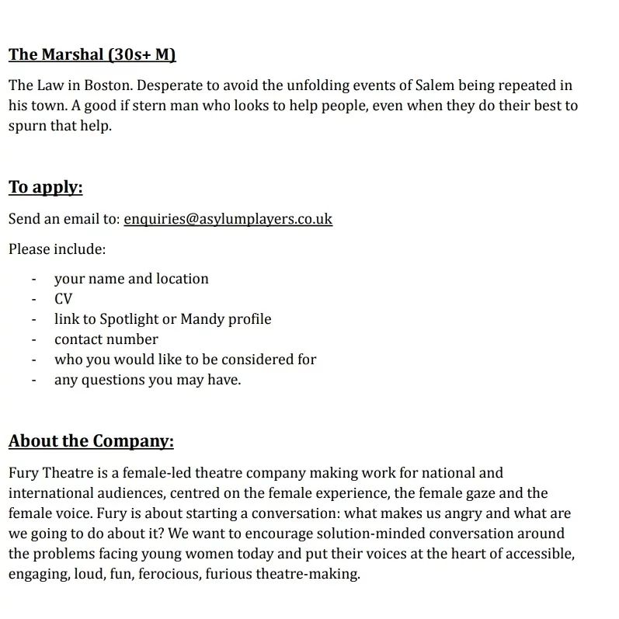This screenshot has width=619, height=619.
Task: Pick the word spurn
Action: tap(29, 126)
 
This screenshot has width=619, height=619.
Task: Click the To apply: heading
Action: tap(45, 187)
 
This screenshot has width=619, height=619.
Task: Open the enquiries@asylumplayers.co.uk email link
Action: tap(228, 219)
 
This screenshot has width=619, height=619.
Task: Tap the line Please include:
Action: tap(57, 249)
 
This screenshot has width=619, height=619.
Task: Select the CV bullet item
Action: tap(63, 299)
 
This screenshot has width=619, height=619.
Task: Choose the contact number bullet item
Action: tap(106, 339)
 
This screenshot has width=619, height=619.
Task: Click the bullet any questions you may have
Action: tap(148, 380)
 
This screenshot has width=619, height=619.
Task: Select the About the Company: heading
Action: tap(91, 442)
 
